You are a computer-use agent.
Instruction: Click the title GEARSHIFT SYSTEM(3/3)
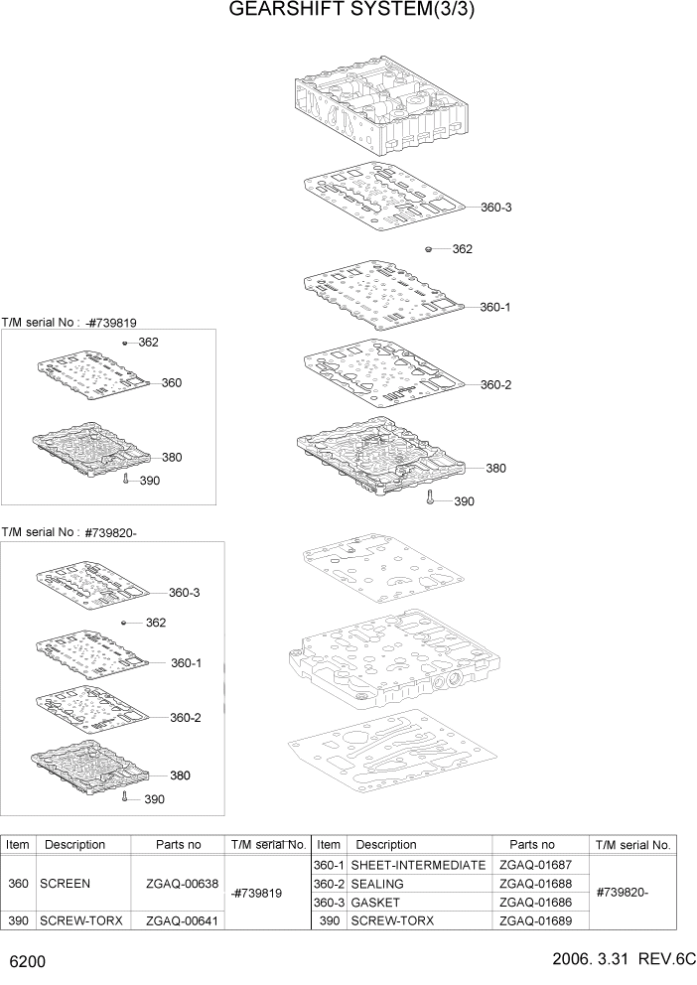coord(348,11)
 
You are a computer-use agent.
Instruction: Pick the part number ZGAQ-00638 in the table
coord(179,882)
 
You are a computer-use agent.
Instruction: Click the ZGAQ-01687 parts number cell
coord(535,865)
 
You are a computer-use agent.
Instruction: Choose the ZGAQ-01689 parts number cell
coord(535,920)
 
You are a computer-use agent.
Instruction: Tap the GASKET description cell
coord(375,903)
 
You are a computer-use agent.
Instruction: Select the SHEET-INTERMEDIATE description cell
coord(418,865)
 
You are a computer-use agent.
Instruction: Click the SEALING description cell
coord(377,884)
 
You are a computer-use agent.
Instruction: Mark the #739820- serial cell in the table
coord(623,892)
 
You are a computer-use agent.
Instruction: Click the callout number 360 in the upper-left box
coord(171,382)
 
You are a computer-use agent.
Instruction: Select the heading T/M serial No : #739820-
coord(69,532)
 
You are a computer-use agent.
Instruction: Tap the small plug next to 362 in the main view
coord(428,249)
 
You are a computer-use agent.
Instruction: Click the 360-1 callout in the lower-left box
coord(186,662)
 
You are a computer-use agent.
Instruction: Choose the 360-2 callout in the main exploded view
coord(495,384)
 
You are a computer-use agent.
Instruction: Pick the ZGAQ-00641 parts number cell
coord(179,920)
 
